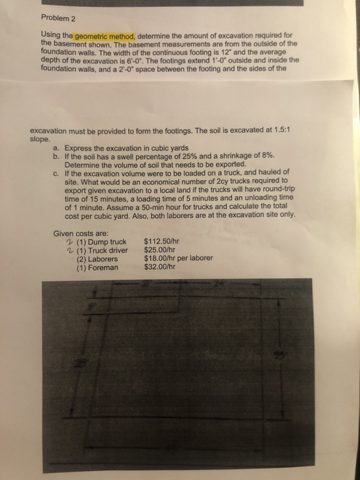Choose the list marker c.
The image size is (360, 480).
coord(55,173)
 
